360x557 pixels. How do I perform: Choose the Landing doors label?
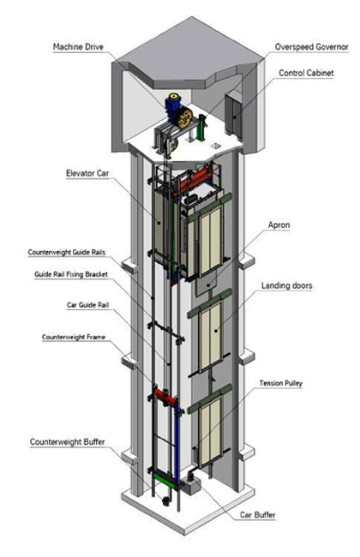(288, 285)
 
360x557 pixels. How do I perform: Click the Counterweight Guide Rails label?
(66, 253)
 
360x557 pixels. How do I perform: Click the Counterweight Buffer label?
(69, 442)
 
